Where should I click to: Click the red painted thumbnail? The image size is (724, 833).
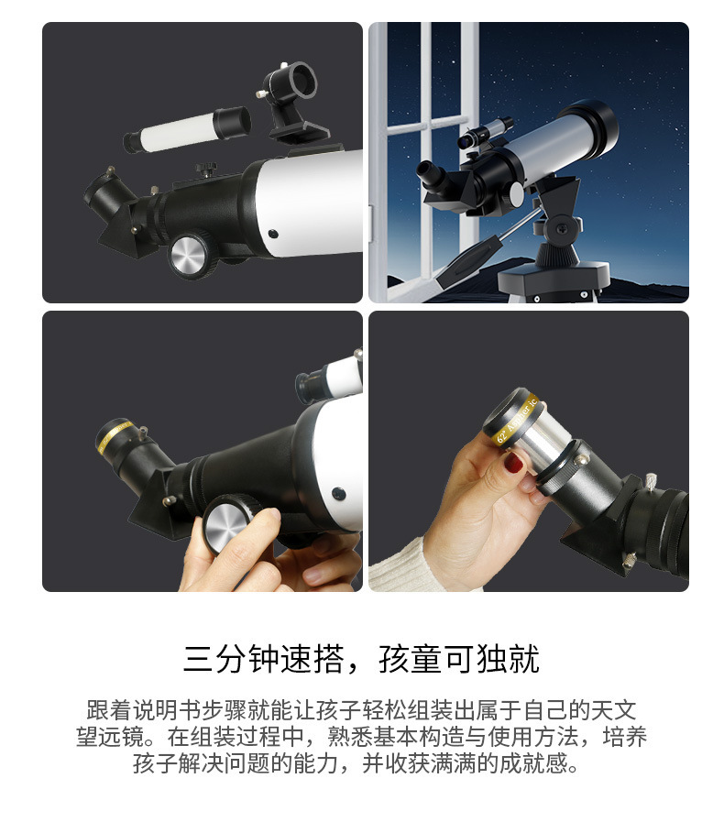513,462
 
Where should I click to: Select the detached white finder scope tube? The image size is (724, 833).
187,129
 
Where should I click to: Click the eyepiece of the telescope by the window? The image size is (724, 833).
429,175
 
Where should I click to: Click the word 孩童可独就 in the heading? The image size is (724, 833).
459,659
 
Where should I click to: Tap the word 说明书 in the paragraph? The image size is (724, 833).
166,710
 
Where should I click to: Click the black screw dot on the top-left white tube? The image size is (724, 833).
273,234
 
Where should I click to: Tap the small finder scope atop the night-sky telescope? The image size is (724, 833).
485,133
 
